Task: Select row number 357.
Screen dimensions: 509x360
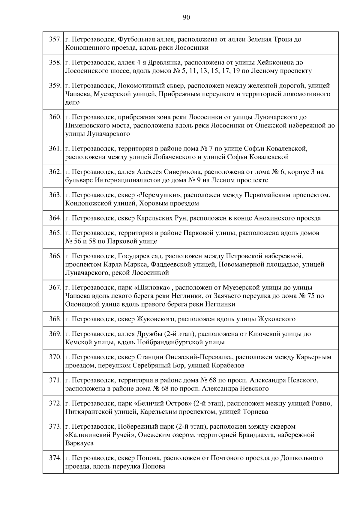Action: [x=55, y=39]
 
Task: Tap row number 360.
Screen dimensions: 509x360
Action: [x=55, y=117]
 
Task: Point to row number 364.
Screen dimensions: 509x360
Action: [x=55, y=218]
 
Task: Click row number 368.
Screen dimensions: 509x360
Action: [x=55, y=319]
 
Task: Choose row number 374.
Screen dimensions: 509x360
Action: [x=55, y=458]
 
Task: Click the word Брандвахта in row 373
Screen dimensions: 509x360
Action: [x=256, y=435]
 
